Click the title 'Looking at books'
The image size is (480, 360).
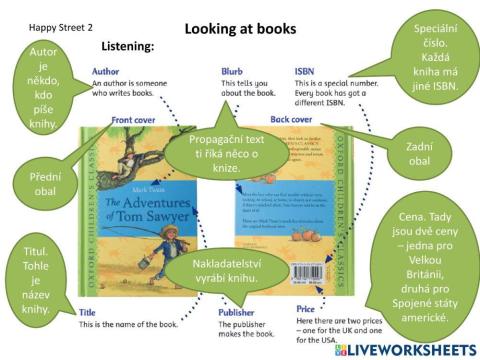click(x=240, y=29)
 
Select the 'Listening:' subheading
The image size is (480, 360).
click(x=127, y=47)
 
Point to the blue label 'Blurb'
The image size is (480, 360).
click(x=233, y=72)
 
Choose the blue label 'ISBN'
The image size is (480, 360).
click(x=305, y=72)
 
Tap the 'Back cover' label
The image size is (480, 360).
click(x=292, y=120)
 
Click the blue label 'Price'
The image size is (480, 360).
click(x=306, y=310)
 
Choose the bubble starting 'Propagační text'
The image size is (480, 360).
click(x=226, y=152)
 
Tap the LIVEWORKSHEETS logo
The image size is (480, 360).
click(x=404, y=350)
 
